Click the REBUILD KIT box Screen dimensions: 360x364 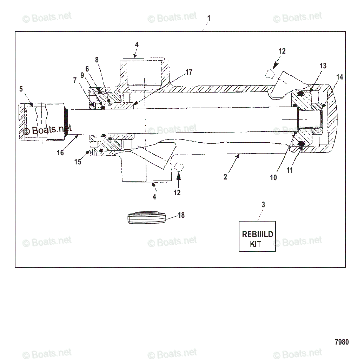tap(257, 236)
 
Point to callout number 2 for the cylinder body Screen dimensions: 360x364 tap(225, 177)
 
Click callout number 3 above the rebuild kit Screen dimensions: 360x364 tap(263, 205)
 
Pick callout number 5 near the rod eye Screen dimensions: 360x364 tap(21, 89)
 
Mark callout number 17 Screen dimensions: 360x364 tap(189, 72)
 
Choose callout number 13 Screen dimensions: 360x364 tap(323, 66)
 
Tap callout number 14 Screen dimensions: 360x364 tap(339, 77)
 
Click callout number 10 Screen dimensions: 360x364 tap(273, 178)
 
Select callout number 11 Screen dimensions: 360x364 tap(290, 170)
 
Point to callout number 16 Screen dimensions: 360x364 tap(60, 152)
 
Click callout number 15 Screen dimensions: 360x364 tap(78, 162)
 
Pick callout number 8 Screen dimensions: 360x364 tap(97, 60)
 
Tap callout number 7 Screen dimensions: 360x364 tap(74, 80)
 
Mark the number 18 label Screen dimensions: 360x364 tap(181, 215)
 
